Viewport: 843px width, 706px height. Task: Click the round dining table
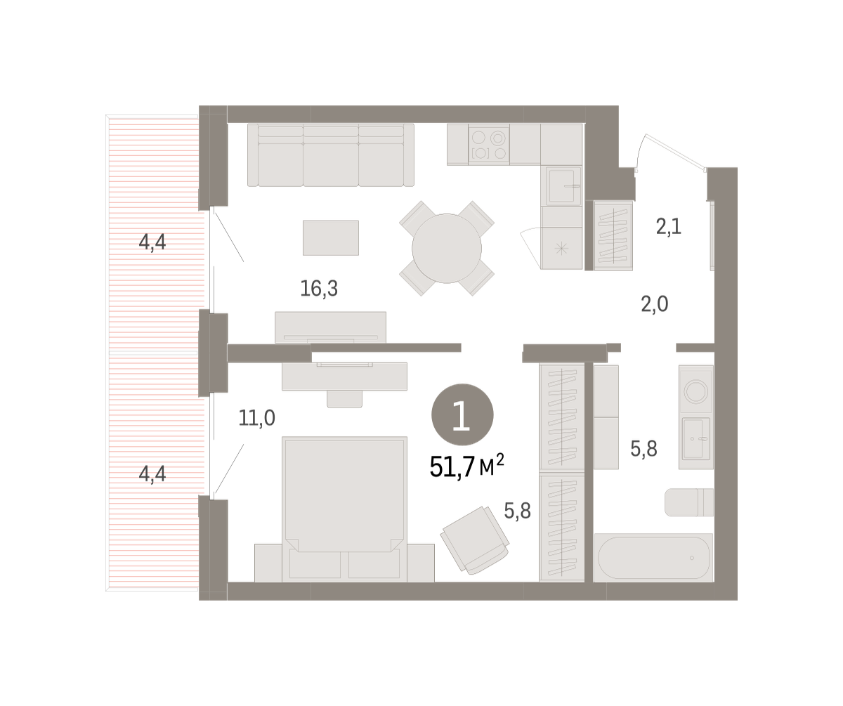447,248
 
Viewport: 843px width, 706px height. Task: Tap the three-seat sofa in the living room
331,155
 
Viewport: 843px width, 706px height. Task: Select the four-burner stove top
489,145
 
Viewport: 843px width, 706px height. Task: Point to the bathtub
653,558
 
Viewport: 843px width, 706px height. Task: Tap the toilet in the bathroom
688,502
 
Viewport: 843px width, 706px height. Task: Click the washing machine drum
695,391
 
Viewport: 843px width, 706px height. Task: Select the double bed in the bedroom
344,509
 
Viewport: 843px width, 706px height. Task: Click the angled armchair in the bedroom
475,540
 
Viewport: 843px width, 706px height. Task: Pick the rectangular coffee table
331,237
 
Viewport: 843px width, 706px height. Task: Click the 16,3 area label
319,289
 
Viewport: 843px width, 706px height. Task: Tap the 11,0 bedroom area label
257,418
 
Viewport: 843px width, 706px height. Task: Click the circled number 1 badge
462,414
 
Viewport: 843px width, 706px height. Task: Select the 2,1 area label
669,226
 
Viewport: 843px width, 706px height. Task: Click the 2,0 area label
655,304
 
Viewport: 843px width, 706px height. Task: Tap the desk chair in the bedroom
344,399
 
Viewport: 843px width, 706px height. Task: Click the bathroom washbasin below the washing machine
696,438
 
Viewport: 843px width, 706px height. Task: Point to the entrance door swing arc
637,150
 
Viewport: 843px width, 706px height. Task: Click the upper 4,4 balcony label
152,242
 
